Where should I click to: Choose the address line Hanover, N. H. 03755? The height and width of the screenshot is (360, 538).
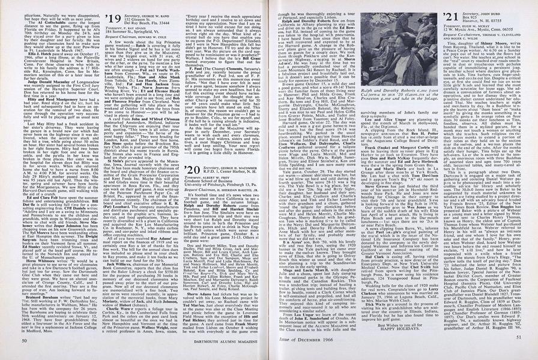(x=478, y=19)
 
